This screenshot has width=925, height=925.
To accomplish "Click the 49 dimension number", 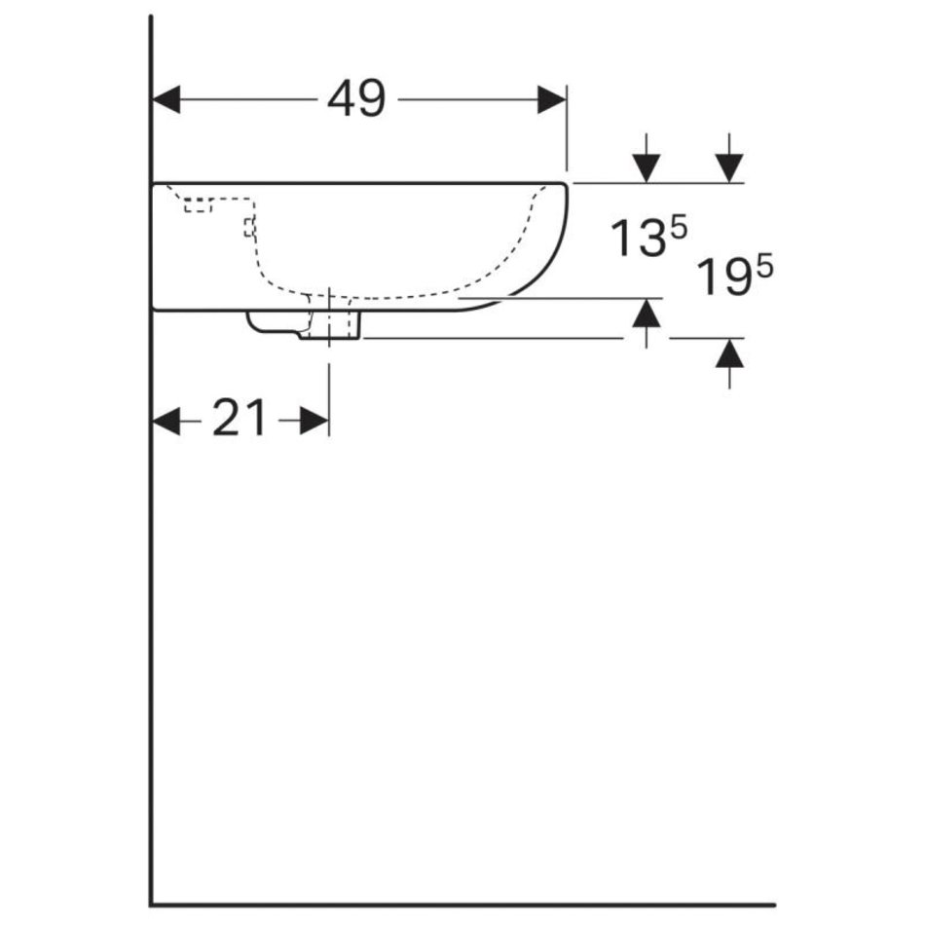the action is (356, 98).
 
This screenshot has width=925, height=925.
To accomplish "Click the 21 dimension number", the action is (239, 418).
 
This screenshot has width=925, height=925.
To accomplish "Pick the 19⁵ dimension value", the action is (734, 275).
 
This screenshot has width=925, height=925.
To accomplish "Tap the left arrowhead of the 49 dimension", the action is (166, 99).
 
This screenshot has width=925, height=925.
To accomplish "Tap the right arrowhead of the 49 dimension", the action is (551, 99).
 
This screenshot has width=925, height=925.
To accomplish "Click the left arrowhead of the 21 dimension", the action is (166, 422).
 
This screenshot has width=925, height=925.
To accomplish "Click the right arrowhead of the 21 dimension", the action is (314, 422).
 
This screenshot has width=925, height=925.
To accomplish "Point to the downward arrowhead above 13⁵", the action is (647, 168).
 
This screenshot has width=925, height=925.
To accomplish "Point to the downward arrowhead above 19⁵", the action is (729, 168).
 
